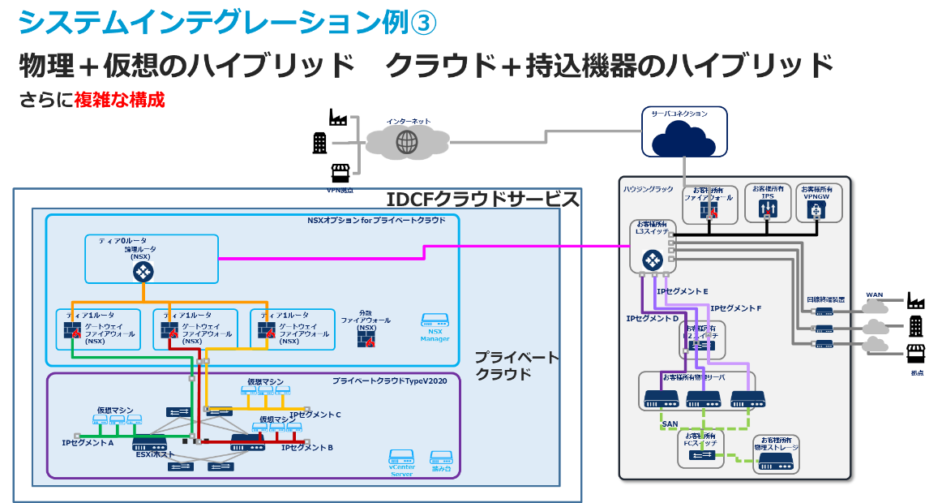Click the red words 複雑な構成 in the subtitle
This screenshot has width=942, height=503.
coord(119,101)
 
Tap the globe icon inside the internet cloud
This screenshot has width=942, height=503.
coord(406,142)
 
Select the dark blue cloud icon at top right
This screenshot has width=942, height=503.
coord(683,142)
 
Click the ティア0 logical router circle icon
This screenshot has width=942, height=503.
coord(143,272)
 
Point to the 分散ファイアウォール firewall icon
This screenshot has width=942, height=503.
coord(366,338)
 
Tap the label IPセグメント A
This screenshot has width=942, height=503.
coord(88,443)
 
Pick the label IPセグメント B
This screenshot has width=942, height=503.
coord(307,447)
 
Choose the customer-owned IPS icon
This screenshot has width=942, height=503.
coord(768,209)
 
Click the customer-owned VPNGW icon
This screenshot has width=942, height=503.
coord(819,209)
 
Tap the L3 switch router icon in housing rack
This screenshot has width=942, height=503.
coord(653,260)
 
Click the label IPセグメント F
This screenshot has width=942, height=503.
coord(735,308)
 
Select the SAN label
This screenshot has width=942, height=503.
coord(670,423)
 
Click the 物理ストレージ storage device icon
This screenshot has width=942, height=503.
coord(776,462)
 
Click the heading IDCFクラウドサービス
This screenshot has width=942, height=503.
coord(482,199)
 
